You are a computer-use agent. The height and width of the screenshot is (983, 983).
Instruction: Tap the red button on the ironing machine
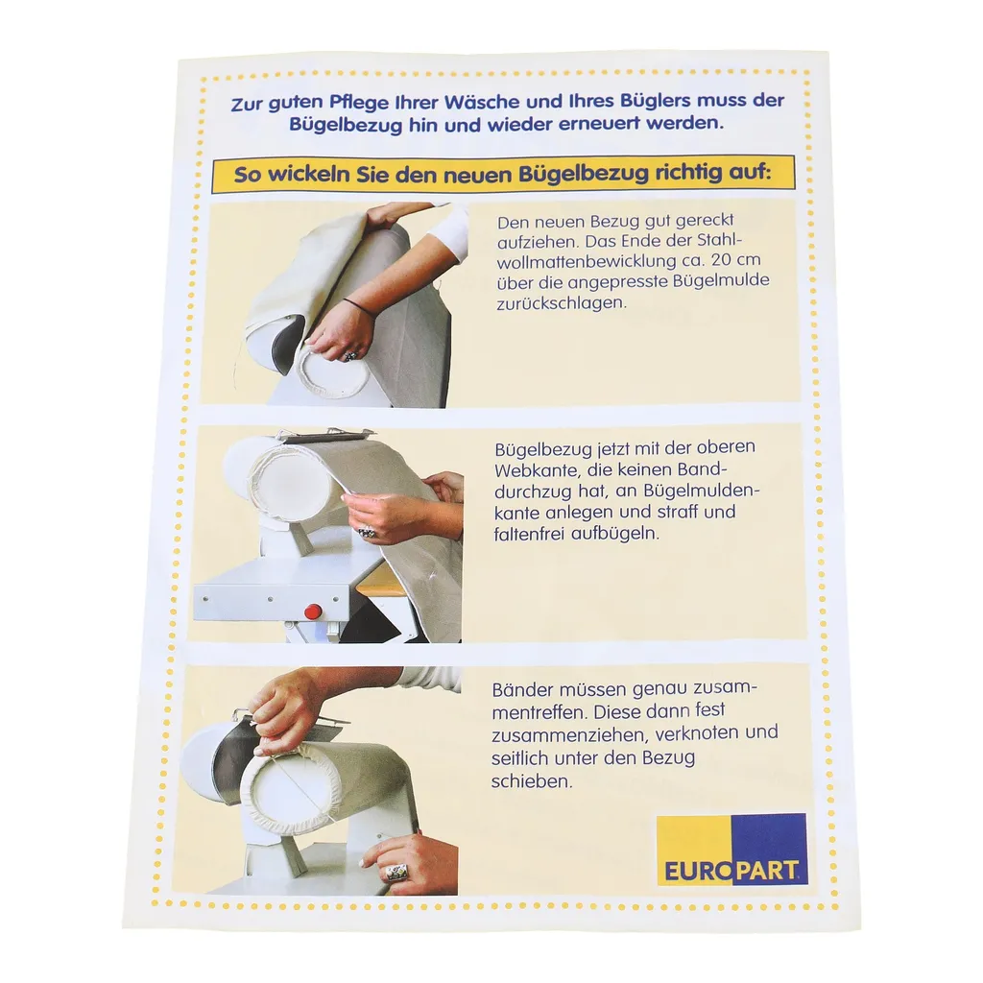312,610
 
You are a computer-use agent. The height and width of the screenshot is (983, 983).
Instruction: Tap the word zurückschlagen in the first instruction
562,302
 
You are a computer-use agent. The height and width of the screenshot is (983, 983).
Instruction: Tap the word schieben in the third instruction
532,781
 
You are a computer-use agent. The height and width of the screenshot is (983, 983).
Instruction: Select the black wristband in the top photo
359,306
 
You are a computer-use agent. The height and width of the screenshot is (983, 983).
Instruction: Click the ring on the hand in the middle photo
367,533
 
